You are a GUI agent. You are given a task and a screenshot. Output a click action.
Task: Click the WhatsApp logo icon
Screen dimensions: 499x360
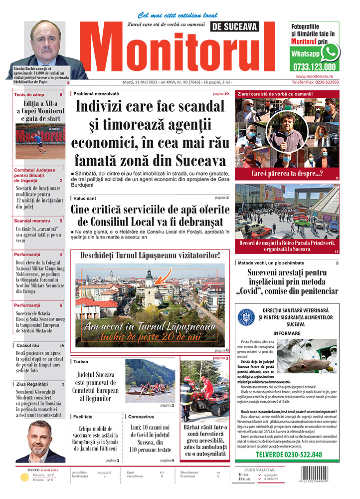[330, 52]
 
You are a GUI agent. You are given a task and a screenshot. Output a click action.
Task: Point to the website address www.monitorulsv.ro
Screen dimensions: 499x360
[314, 76]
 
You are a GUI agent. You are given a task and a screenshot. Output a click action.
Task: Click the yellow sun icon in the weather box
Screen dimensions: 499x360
[24, 478]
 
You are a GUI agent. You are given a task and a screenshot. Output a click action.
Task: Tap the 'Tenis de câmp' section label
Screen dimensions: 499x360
[29, 95]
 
